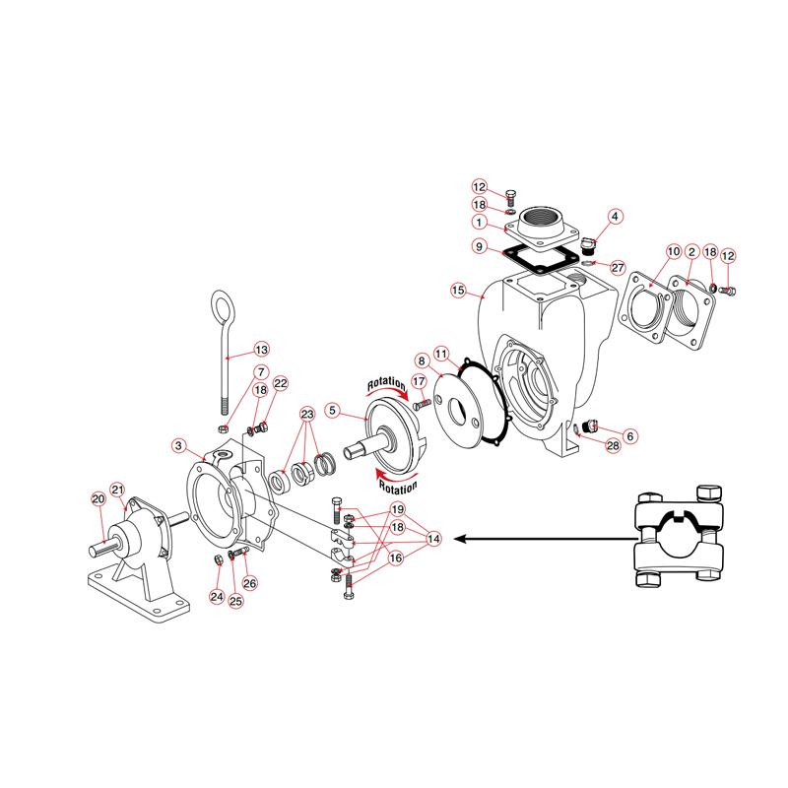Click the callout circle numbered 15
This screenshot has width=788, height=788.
click(457, 290)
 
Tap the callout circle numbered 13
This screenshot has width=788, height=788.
click(261, 350)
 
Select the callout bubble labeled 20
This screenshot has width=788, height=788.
click(98, 498)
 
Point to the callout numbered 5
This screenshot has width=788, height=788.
click(333, 409)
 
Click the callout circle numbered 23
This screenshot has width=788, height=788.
click(307, 414)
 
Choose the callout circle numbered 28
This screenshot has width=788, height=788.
click(612, 446)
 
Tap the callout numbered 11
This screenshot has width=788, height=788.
click(441, 353)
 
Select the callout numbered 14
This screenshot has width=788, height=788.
click(433, 539)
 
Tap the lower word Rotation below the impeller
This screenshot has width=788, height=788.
click(394, 486)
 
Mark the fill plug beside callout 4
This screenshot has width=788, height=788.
click(588, 243)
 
